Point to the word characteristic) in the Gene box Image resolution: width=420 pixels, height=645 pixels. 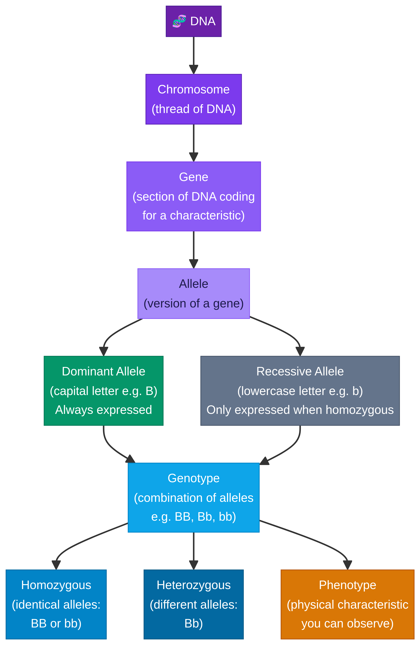[207, 216]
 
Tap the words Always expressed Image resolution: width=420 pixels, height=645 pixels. [103, 410]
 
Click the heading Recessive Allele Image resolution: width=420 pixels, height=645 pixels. [300, 371]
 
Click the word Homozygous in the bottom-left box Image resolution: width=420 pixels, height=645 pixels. [56, 585]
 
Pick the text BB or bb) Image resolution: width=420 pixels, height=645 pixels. [56, 623]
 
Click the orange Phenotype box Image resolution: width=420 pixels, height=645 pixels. [347, 604]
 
